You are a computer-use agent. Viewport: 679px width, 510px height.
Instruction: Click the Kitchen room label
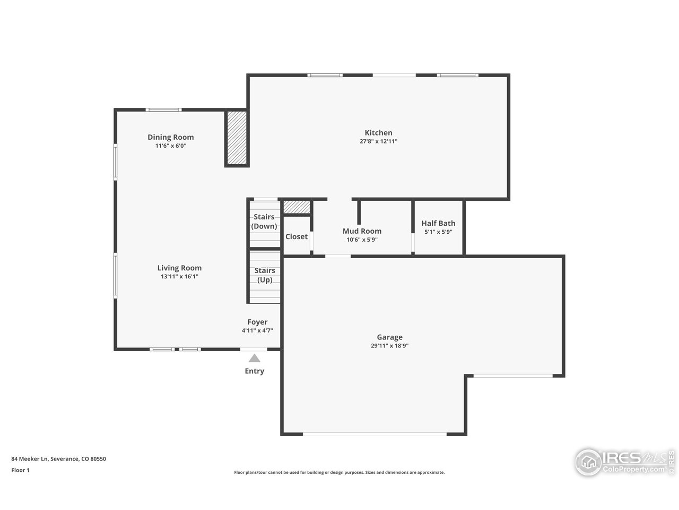click(378, 133)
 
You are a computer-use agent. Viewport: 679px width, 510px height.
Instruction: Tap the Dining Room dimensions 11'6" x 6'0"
click(170, 146)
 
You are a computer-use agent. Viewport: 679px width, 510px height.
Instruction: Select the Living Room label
click(179, 268)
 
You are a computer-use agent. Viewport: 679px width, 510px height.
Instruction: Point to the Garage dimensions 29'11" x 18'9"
click(389, 346)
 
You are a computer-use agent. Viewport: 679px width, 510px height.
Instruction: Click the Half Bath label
click(438, 223)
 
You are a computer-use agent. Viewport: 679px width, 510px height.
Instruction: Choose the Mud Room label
click(362, 231)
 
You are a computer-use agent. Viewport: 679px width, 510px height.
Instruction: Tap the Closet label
click(297, 236)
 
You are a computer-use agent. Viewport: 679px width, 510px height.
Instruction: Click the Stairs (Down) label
click(264, 222)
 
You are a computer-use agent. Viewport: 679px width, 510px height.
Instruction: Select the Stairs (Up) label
click(264, 275)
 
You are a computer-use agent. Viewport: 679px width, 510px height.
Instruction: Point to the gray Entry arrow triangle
click(255, 359)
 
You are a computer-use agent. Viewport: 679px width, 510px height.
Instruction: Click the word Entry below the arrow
click(254, 371)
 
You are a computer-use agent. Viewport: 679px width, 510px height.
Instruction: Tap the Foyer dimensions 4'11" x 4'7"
click(257, 330)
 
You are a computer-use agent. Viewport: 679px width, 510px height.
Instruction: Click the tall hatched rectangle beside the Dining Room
click(237, 138)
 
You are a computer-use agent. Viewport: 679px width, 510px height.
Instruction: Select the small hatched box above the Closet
click(297, 207)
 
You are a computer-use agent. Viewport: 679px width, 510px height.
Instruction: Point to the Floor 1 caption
click(20, 470)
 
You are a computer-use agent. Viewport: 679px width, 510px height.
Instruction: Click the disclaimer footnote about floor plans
click(339, 472)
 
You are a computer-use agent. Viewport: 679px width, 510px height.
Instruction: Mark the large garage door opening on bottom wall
click(375, 434)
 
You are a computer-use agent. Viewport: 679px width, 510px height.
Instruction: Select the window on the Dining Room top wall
click(163, 110)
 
